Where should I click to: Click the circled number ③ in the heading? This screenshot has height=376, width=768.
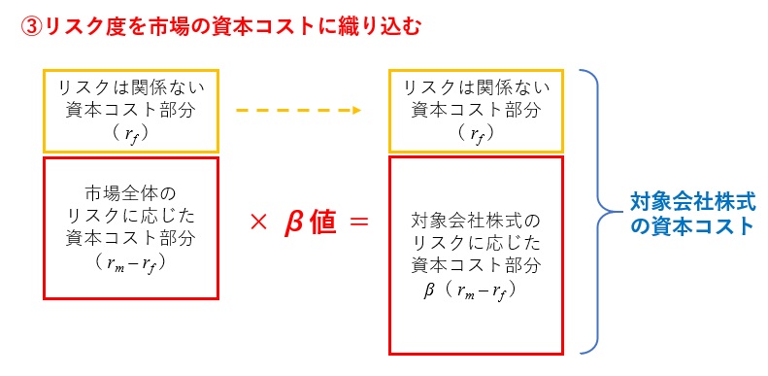(x=31, y=26)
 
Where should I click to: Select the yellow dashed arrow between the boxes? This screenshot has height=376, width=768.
(x=298, y=109)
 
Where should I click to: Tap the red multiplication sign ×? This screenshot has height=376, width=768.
(x=257, y=222)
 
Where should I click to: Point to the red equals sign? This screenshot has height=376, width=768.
(x=358, y=222)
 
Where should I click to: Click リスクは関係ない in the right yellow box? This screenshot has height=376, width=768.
(x=475, y=86)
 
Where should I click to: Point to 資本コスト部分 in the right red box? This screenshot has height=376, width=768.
(x=475, y=264)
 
